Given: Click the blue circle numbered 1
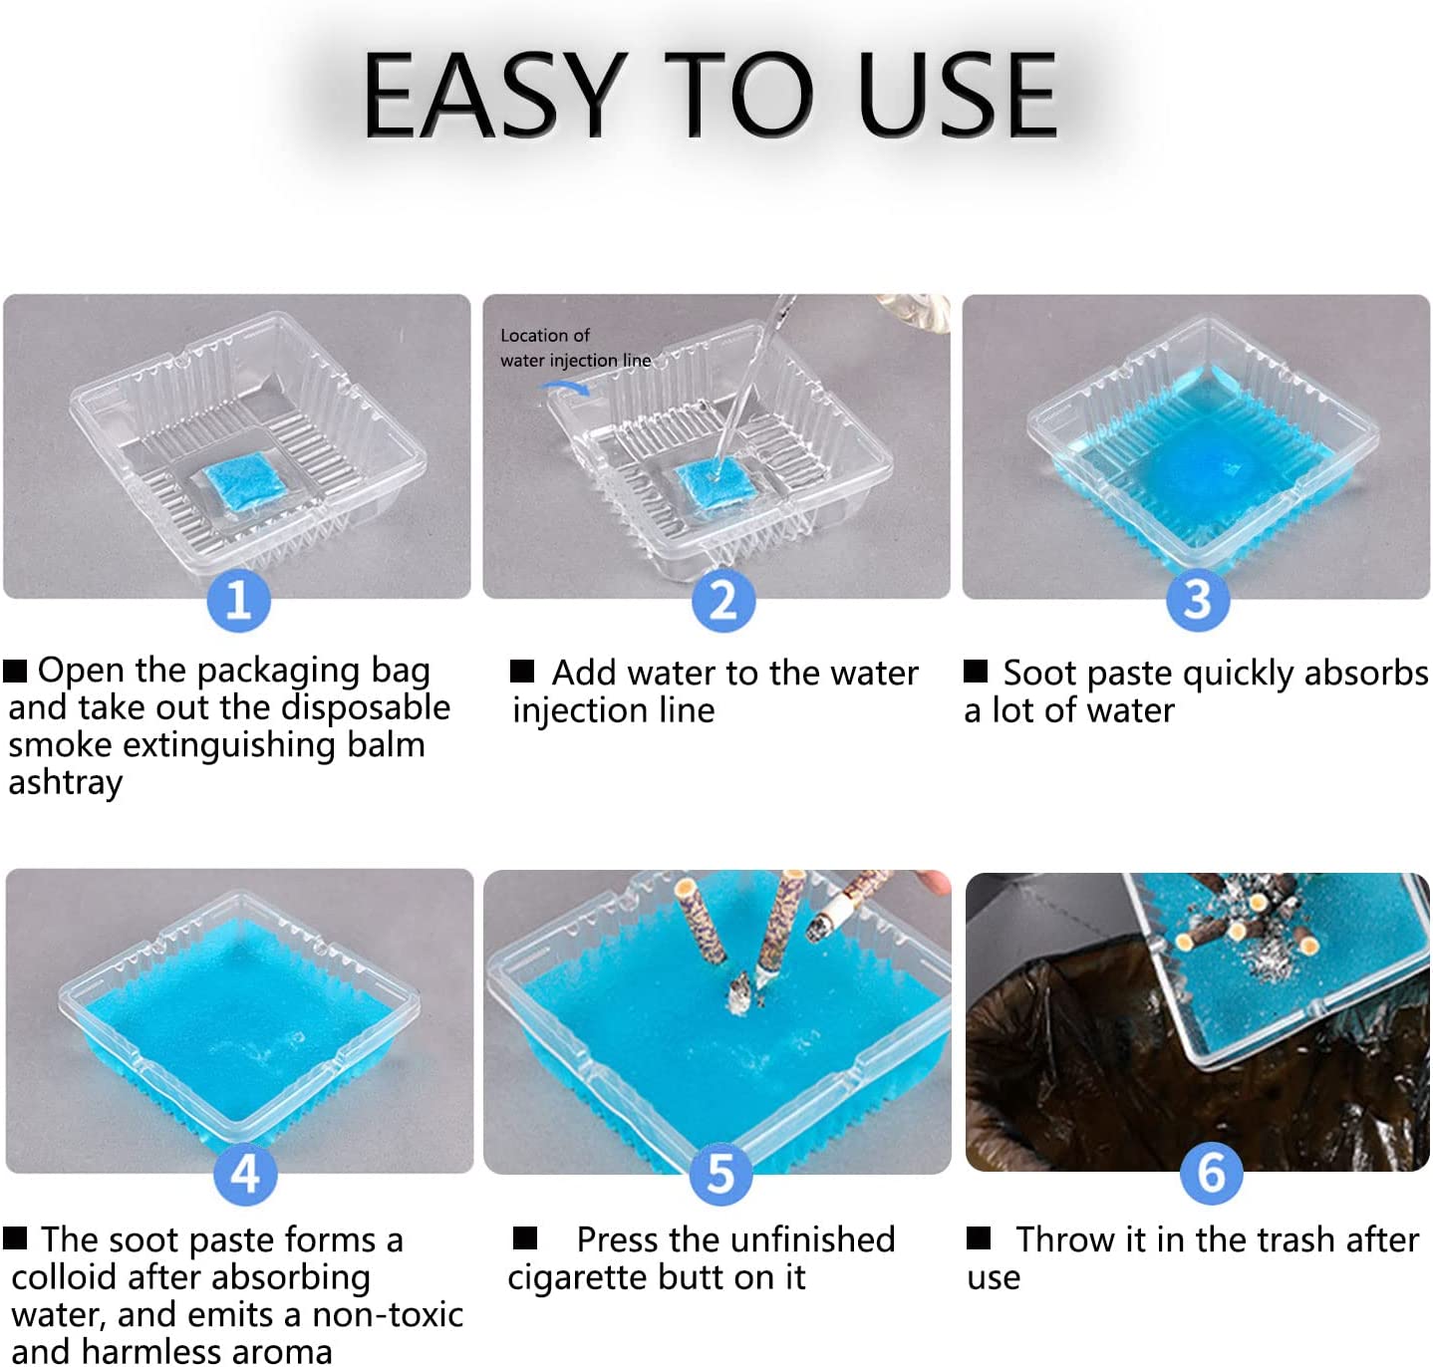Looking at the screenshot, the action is [x=238, y=600].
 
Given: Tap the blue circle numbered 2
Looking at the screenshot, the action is [x=722, y=600].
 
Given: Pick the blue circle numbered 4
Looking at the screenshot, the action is [x=245, y=1174].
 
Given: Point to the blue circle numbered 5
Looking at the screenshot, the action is [x=720, y=1174].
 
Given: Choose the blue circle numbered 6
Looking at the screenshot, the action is [x=1211, y=1173].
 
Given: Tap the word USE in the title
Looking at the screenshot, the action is [x=957, y=95].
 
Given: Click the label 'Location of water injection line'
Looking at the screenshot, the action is [x=574, y=347].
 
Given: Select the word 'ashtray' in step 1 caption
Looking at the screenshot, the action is [x=66, y=782].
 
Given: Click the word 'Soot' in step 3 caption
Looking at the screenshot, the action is [x=1038, y=673].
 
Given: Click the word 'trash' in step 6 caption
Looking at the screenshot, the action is [x=1295, y=1239].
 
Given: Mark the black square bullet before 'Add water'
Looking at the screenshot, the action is [x=521, y=671].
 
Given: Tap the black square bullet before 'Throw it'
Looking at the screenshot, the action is [x=979, y=1237].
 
